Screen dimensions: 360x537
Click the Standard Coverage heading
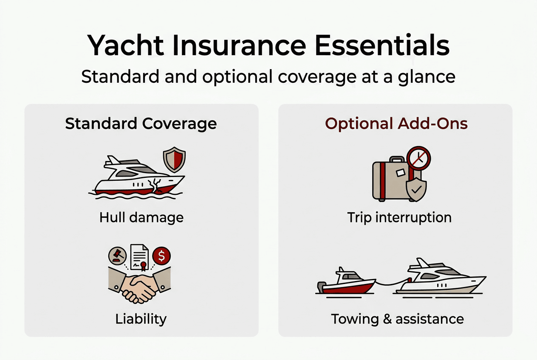(141, 124)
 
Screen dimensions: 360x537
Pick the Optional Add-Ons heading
(396, 124)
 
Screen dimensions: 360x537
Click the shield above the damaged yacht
(175, 160)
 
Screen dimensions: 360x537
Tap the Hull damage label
(141, 218)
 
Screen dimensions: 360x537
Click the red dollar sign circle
(161, 256)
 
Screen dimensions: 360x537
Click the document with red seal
(140, 258)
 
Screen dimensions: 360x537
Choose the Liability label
(141, 318)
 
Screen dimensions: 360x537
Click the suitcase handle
(397, 160)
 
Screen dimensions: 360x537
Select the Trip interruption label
(399, 218)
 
